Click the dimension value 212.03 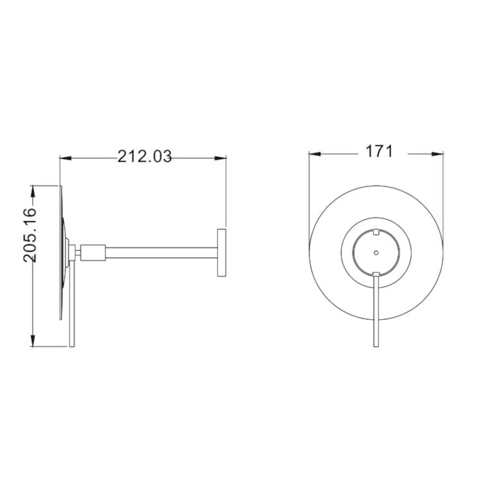tap(144, 156)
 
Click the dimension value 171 tap(379, 151)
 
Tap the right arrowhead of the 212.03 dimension tap(220, 158)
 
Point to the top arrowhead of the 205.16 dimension tap(32, 192)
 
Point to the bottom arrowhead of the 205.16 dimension tap(32, 341)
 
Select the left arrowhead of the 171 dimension tap(315, 154)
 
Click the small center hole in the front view tap(376, 253)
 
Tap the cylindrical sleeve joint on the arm tap(93, 253)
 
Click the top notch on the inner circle tap(376, 232)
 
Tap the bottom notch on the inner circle tap(376, 273)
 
